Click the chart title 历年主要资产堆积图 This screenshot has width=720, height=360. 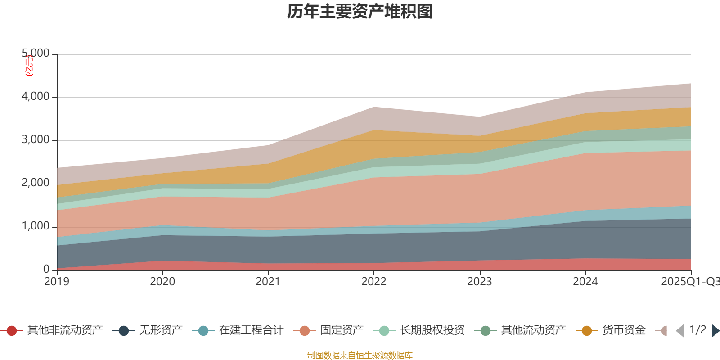click(360, 12)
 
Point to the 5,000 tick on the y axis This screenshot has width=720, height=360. click(36, 54)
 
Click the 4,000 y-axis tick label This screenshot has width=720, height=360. click(36, 97)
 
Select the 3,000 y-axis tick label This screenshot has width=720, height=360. click(36, 140)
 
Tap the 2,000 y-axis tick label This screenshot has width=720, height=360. click(36, 183)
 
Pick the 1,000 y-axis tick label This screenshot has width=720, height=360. click(36, 226)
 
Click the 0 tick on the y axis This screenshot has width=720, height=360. click(46, 270)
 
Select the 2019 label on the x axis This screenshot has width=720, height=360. click(57, 282)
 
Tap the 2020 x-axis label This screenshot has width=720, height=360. click(162, 282)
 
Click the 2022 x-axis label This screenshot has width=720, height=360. click(374, 282)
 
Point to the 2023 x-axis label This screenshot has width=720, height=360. click(480, 282)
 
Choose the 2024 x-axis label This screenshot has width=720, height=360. click(585, 282)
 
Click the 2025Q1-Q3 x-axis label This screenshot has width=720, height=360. click(690, 282)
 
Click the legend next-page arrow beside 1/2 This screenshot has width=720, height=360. click(715, 331)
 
